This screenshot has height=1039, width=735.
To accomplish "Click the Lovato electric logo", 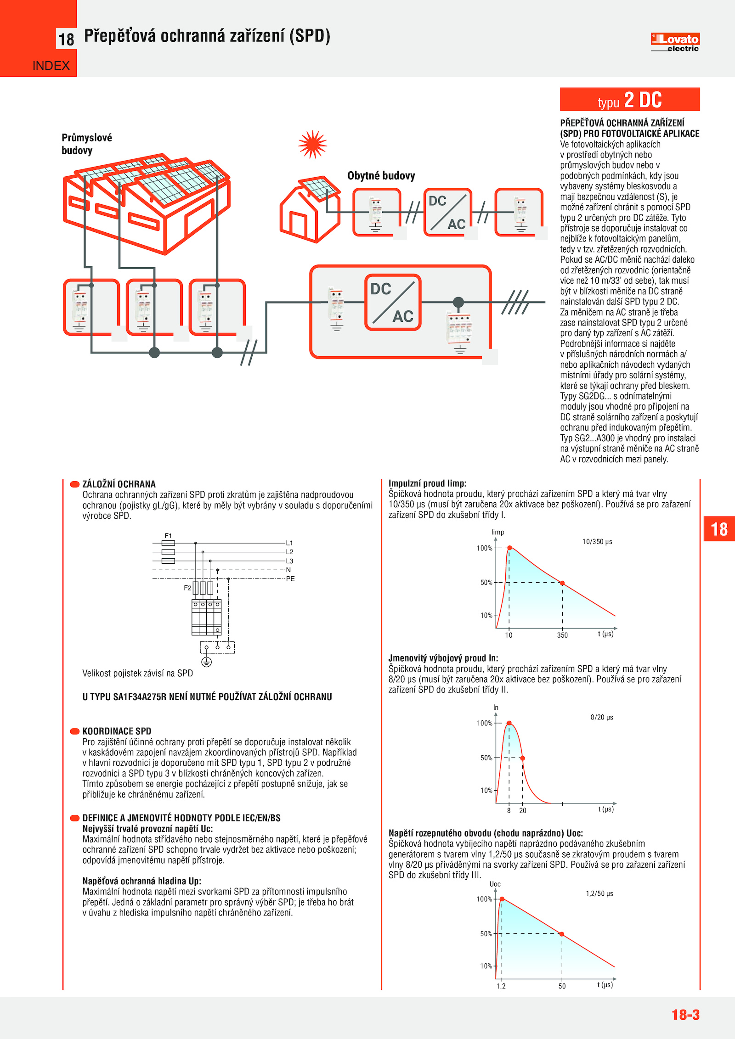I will (x=675, y=42).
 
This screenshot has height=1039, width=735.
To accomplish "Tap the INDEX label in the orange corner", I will (x=51, y=66).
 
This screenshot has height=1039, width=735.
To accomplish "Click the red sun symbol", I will (x=312, y=144).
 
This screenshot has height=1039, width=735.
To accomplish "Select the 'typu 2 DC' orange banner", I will (x=629, y=100).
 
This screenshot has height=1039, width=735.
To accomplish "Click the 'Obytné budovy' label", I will (x=381, y=176).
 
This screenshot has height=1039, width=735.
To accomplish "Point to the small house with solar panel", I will (x=310, y=209).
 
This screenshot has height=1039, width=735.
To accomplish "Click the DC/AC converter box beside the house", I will (x=447, y=212).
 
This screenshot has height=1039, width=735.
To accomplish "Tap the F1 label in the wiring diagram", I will (x=168, y=536).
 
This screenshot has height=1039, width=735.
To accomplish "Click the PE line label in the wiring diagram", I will (x=290, y=578).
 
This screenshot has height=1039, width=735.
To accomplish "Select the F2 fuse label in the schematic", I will (x=187, y=588).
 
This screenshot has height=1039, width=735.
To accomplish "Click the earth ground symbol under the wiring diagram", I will (x=207, y=662).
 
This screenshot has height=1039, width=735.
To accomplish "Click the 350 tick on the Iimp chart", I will (x=562, y=635).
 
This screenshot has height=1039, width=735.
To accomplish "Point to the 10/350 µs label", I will (x=597, y=542).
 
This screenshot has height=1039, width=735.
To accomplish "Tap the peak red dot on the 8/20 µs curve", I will (x=509, y=723).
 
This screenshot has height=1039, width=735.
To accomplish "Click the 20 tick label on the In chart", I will (x=523, y=810).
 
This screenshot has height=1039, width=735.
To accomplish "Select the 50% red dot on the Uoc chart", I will (x=561, y=934).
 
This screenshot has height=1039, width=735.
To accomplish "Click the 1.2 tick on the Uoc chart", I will (x=501, y=986).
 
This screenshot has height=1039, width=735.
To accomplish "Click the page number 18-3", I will (x=685, y=1015).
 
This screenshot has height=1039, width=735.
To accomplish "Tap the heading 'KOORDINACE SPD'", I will (x=117, y=731).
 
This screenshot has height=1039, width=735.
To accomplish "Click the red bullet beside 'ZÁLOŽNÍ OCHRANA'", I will (x=74, y=484).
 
